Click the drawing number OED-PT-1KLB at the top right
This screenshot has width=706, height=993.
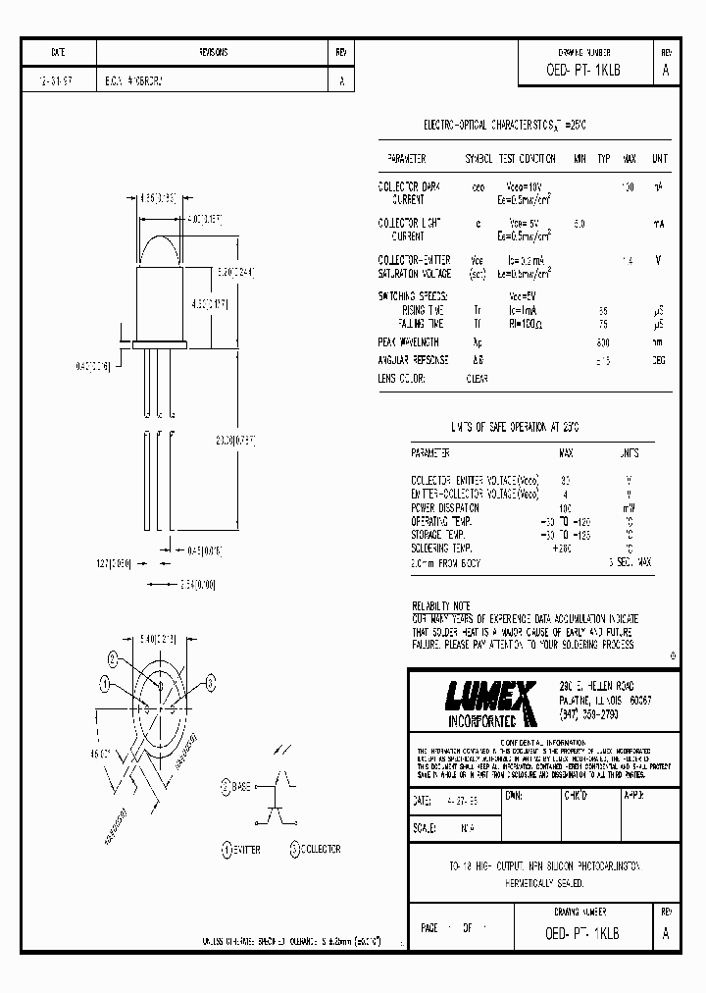tap(583, 71)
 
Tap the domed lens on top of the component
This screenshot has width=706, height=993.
tap(161, 248)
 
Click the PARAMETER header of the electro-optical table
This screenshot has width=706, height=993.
tap(406, 158)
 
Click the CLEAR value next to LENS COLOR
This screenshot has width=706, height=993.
tap(477, 377)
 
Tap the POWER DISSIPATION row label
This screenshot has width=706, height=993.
tap(444, 508)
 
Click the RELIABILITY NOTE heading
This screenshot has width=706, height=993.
tap(441, 607)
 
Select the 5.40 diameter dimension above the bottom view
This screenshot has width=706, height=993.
tap(162, 638)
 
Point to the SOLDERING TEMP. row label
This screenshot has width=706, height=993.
tap(440, 548)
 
